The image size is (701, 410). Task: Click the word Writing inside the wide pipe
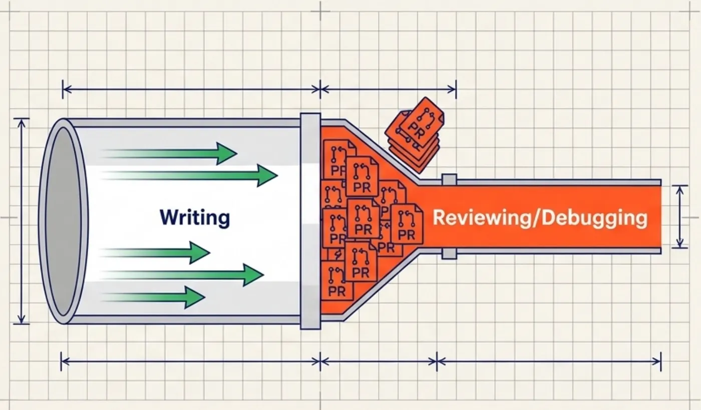pyautogui.click(x=195, y=218)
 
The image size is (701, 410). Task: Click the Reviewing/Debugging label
pyautogui.click(x=540, y=218)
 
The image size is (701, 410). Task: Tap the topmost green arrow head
pyautogui.click(x=226, y=154)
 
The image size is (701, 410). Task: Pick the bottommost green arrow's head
pyautogui.click(x=195, y=297)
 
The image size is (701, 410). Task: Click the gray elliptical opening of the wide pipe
pyautogui.click(x=64, y=221)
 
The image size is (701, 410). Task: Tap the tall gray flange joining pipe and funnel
pyautogui.click(x=310, y=221)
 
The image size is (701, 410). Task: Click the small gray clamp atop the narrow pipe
pyautogui.click(x=449, y=179)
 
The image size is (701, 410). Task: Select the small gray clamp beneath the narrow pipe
pyautogui.click(x=449, y=254)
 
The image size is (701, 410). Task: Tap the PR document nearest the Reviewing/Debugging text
pyautogui.click(x=407, y=223)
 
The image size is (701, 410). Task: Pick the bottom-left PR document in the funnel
pyautogui.click(x=336, y=281)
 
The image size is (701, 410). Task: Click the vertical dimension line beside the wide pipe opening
pyautogui.click(x=21, y=221)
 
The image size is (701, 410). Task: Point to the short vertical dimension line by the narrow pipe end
pyautogui.click(x=680, y=217)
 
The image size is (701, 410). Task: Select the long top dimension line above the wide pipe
pyautogui.click(x=191, y=90)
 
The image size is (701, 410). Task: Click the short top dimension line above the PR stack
pyautogui.click(x=389, y=90)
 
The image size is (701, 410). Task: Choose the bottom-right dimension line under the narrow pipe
pyautogui.click(x=549, y=362)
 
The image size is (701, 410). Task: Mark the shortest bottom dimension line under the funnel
pyautogui.click(x=379, y=362)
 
